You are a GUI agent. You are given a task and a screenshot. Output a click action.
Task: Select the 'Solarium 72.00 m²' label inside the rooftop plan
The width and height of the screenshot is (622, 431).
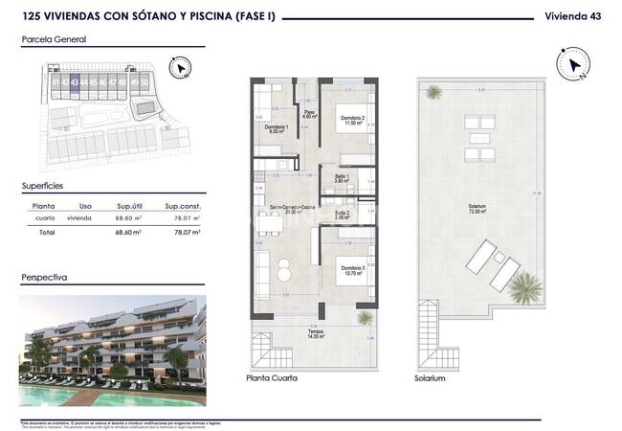(x=477, y=209)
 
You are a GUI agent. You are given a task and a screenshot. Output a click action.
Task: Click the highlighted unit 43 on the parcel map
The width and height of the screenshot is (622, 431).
(x=76, y=83)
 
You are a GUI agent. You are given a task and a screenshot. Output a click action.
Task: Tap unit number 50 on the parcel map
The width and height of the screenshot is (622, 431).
(x=144, y=83)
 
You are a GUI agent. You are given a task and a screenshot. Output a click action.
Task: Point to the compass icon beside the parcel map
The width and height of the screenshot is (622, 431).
(x=179, y=68)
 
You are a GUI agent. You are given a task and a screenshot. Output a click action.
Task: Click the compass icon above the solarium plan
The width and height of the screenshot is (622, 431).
(x=575, y=64)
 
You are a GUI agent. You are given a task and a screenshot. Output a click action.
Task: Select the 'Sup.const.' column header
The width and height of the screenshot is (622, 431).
(x=182, y=205)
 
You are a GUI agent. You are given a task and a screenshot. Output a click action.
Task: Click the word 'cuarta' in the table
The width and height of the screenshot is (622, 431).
(x=43, y=218)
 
